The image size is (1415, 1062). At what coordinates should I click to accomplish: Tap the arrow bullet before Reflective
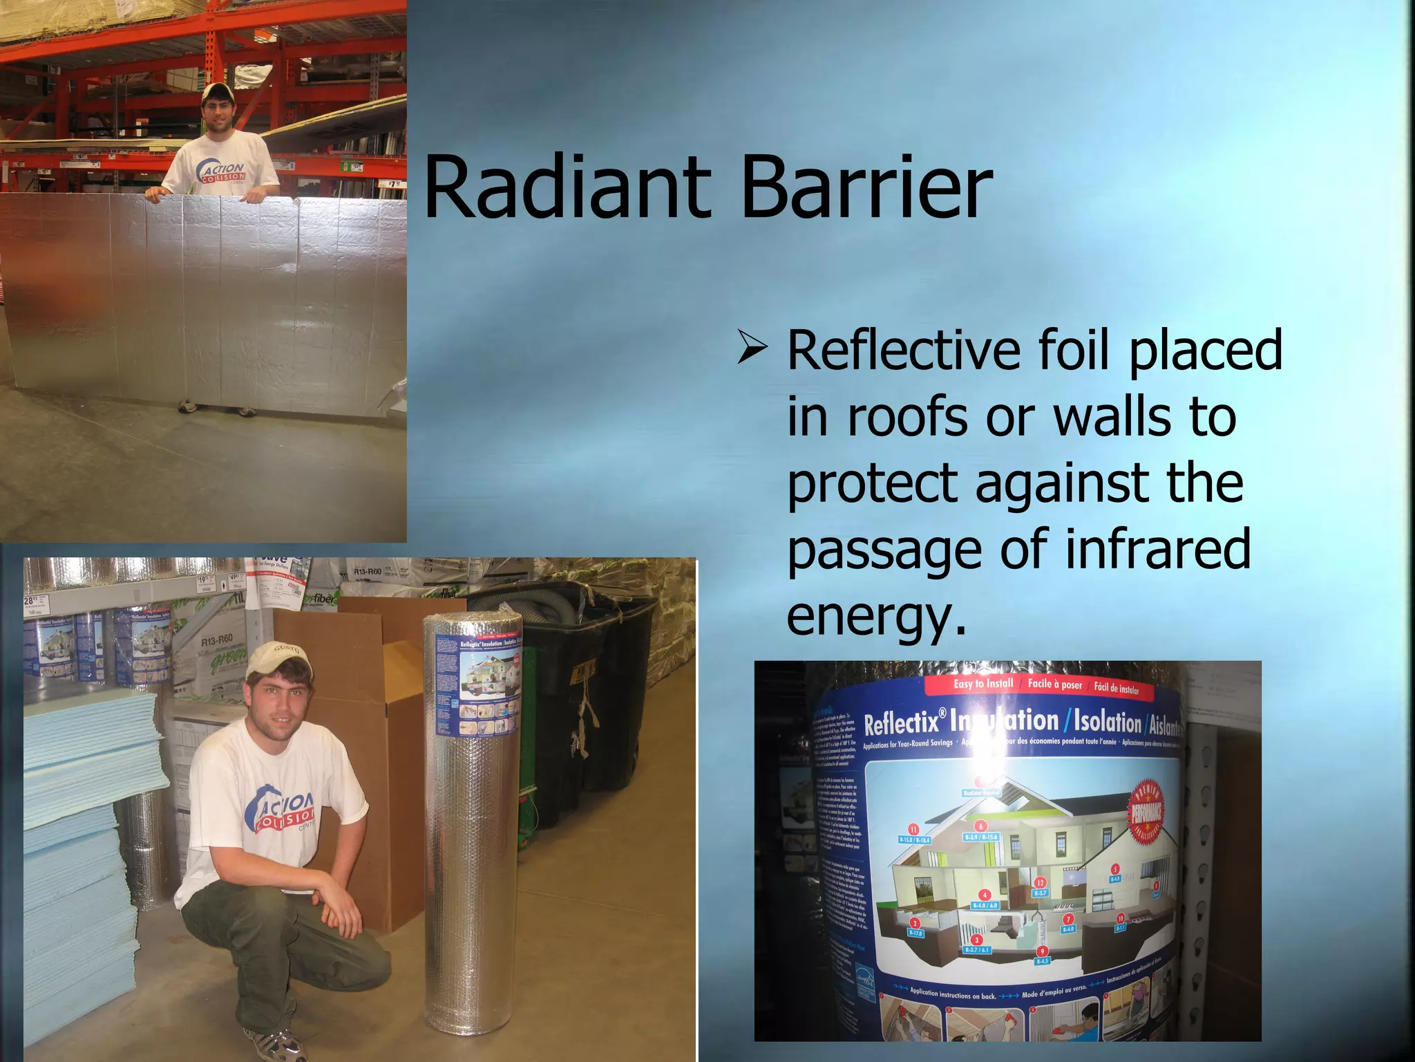click(752, 348)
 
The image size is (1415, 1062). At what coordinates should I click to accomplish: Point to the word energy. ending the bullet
click(876, 617)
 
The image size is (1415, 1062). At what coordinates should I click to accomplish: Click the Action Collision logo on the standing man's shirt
click(222, 171)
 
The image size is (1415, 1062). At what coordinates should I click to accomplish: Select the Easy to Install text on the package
click(982, 683)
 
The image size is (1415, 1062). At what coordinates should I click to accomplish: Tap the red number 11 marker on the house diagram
click(913, 829)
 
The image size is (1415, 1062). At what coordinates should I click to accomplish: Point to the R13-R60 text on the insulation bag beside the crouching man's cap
click(217, 640)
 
